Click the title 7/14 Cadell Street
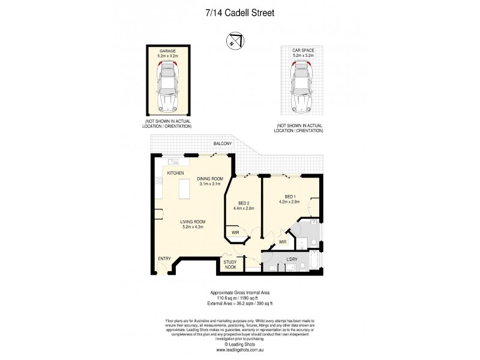pos(240,11)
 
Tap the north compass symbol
pos(234,41)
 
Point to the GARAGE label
pos(167,52)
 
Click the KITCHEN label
pos(175,173)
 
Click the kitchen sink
pos(175,161)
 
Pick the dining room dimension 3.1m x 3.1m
pos(210,184)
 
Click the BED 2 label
pos(244,203)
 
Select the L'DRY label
pos(292,259)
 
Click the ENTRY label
pos(164,259)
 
